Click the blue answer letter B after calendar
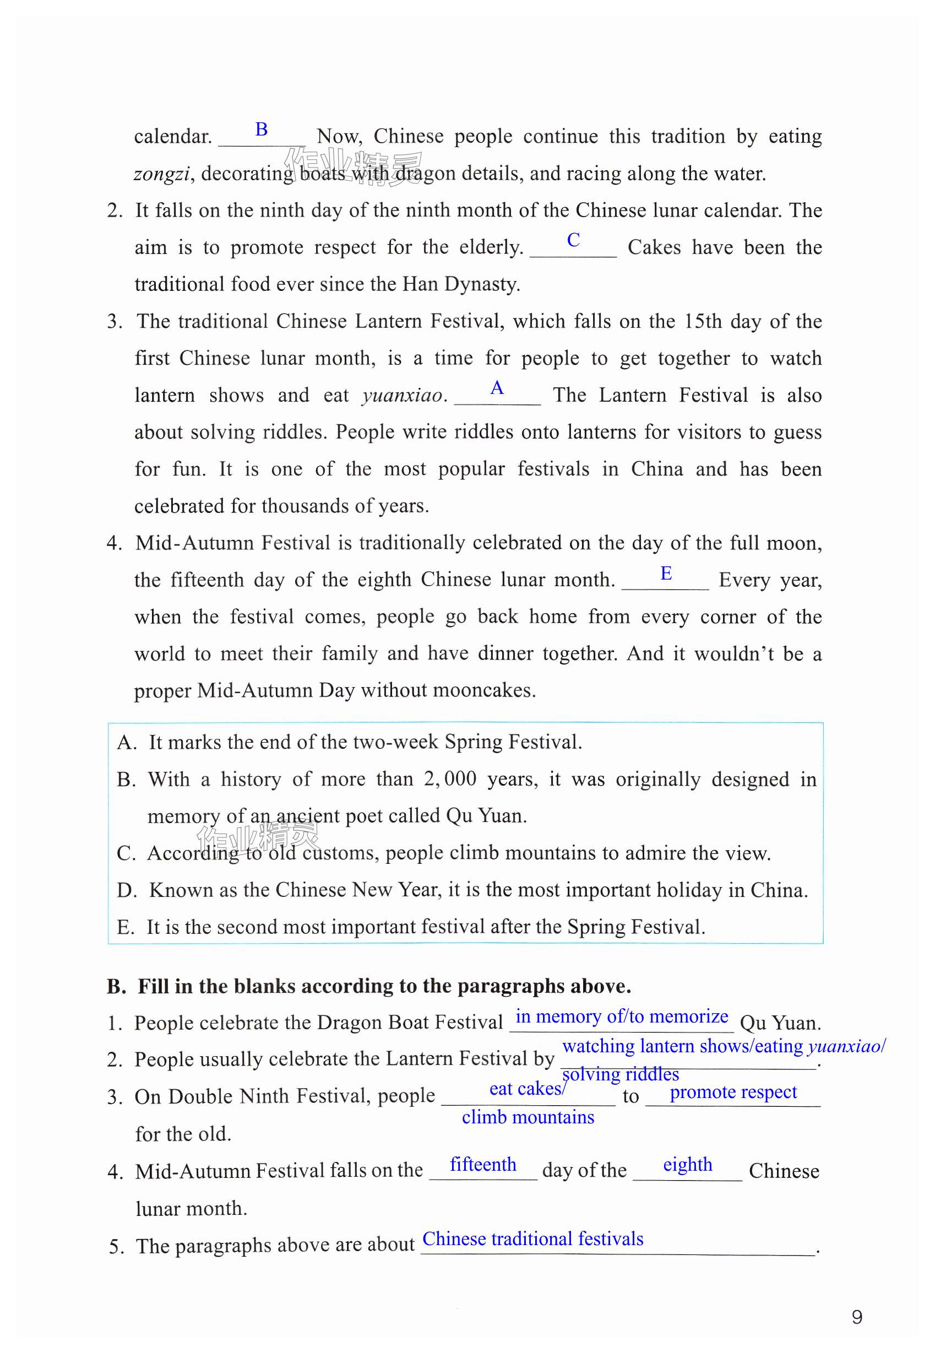click(262, 129)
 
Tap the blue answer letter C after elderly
click(573, 239)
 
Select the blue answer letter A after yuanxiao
click(497, 387)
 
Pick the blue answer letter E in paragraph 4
click(666, 572)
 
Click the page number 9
click(856, 1317)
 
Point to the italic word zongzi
click(162, 174)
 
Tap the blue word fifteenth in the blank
click(483, 1164)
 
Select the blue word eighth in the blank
click(687, 1164)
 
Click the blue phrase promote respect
click(733, 1092)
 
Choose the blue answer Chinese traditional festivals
click(532, 1239)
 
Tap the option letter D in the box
click(126, 890)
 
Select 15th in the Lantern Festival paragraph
click(703, 322)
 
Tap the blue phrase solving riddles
click(621, 1074)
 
